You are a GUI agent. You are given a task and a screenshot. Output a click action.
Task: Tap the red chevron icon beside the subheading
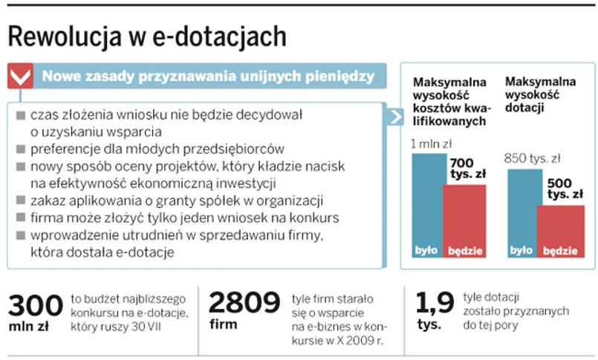(x=20, y=76)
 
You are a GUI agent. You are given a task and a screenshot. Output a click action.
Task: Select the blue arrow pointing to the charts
(x=395, y=117)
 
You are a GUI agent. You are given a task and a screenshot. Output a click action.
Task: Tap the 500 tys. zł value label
(x=564, y=189)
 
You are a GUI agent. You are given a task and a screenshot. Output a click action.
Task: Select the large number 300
(x=35, y=304)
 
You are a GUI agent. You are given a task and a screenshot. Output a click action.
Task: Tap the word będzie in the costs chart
(x=465, y=251)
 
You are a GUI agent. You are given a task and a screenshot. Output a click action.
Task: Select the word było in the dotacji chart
(x=521, y=251)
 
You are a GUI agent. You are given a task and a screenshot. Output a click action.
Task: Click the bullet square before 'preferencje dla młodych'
(x=20, y=149)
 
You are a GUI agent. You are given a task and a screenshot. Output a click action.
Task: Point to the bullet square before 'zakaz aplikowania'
(x=20, y=200)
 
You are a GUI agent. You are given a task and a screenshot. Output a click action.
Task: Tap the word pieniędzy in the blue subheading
(x=339, y=76)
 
